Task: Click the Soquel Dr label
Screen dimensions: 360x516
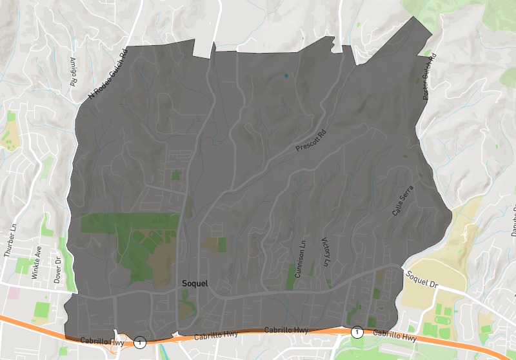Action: pyautogui.click(x=422, y=279)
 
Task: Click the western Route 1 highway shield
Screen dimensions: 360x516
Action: pyautogui.click(x=140, y=341)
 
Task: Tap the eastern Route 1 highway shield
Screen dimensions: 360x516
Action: pyautogui.click(x=357, y=332)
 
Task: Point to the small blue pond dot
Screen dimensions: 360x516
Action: pyautogui.click(x=286, y=76)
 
